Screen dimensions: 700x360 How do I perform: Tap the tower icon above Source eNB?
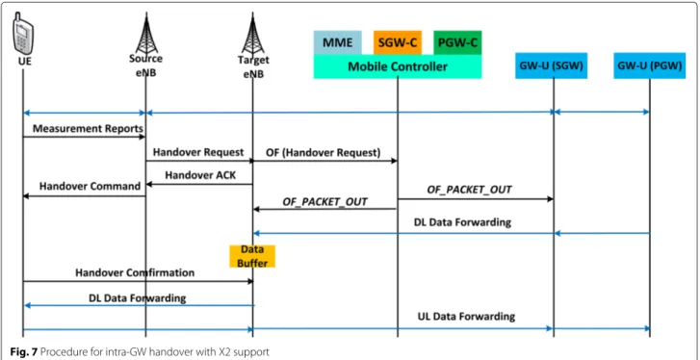tap(147, 34)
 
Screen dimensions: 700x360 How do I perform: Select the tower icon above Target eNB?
tap(253, 34)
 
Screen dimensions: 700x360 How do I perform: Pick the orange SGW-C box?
tap(397, 42)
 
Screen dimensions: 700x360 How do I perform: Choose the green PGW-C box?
tap(457, 42)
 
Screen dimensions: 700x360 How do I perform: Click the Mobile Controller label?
tap(398, 67)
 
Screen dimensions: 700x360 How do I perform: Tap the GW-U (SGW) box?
tap(552, 65)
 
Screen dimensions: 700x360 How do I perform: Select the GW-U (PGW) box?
tap(650, 65)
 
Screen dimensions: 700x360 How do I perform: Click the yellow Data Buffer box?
tap(252, 256)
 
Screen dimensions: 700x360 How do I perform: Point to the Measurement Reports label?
tap(88, 128)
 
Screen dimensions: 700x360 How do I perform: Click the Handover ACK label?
tap(200, 175)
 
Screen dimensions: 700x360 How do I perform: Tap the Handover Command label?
tap(90, 186)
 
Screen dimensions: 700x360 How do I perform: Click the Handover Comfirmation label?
tap(135, 272)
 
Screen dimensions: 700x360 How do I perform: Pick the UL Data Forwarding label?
tap(465, 317)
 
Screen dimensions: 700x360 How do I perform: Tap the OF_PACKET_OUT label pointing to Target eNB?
tap(325, 201)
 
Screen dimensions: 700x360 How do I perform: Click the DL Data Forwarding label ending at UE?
tap(138, 297)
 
